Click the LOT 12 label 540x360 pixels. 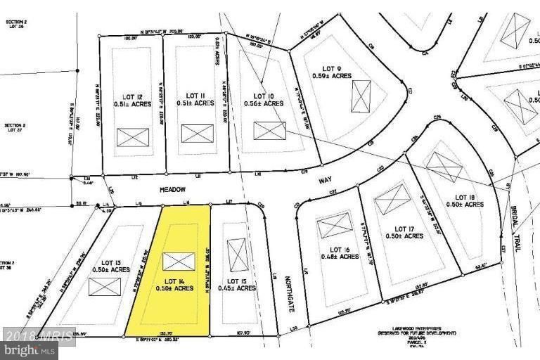click(133, 96)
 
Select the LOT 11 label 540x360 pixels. click(195, 96)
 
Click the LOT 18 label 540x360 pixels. click(465, 196)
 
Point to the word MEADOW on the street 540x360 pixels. click(172, 189)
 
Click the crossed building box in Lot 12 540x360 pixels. click(133, 137)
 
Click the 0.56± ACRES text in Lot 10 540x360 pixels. click(264, 104)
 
